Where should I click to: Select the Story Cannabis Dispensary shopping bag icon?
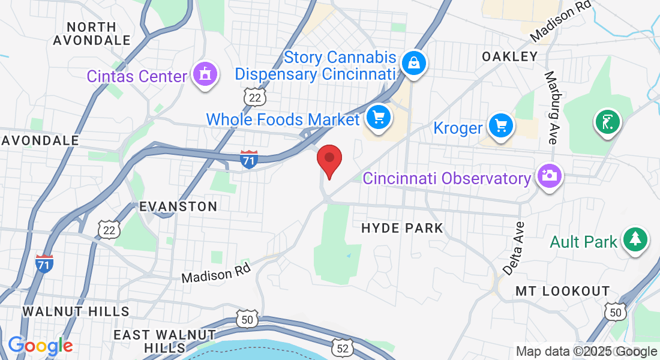point(413,62)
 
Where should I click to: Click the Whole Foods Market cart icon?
point(378,117)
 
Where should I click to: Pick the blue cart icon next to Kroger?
point(500,126)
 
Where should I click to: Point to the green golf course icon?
point(607,122)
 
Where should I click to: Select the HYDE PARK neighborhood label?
point(402,228)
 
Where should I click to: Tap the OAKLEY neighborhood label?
point(510,56)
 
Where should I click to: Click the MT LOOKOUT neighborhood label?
point(562,291)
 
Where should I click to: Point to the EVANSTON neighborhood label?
point(178,206)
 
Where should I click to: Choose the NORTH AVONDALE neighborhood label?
point(92,34)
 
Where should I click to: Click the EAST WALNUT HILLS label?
point(157,341)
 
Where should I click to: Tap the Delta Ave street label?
point(514,248)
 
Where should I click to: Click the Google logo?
point(40,346)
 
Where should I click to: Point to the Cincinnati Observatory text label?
point(447,178)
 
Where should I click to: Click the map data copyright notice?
point(587,352)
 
